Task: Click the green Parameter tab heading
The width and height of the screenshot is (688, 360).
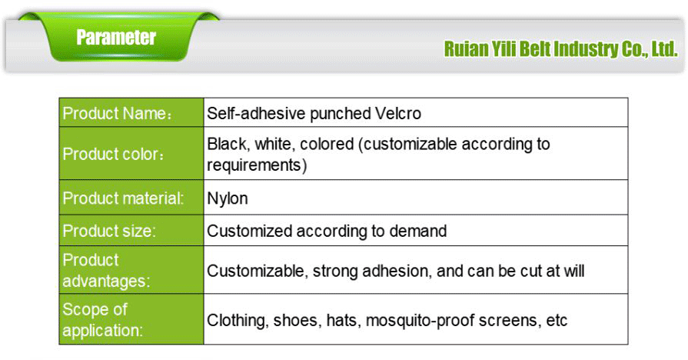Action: [x=116, y=38]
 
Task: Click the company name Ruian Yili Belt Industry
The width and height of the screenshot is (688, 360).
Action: [x=560, y=50]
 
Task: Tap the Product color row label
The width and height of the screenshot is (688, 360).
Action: [x=114, y=154]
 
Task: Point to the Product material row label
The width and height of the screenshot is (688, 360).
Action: [x=123, y=198]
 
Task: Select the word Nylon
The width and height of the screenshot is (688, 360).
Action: [x=228, y=198]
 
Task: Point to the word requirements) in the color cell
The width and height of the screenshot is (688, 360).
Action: [x=257, y=165]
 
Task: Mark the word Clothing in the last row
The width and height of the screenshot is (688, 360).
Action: [x=238, y=320]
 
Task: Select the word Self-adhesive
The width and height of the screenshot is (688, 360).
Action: [x=255, y=114]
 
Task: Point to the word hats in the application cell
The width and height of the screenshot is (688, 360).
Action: [x=343, y=320]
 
